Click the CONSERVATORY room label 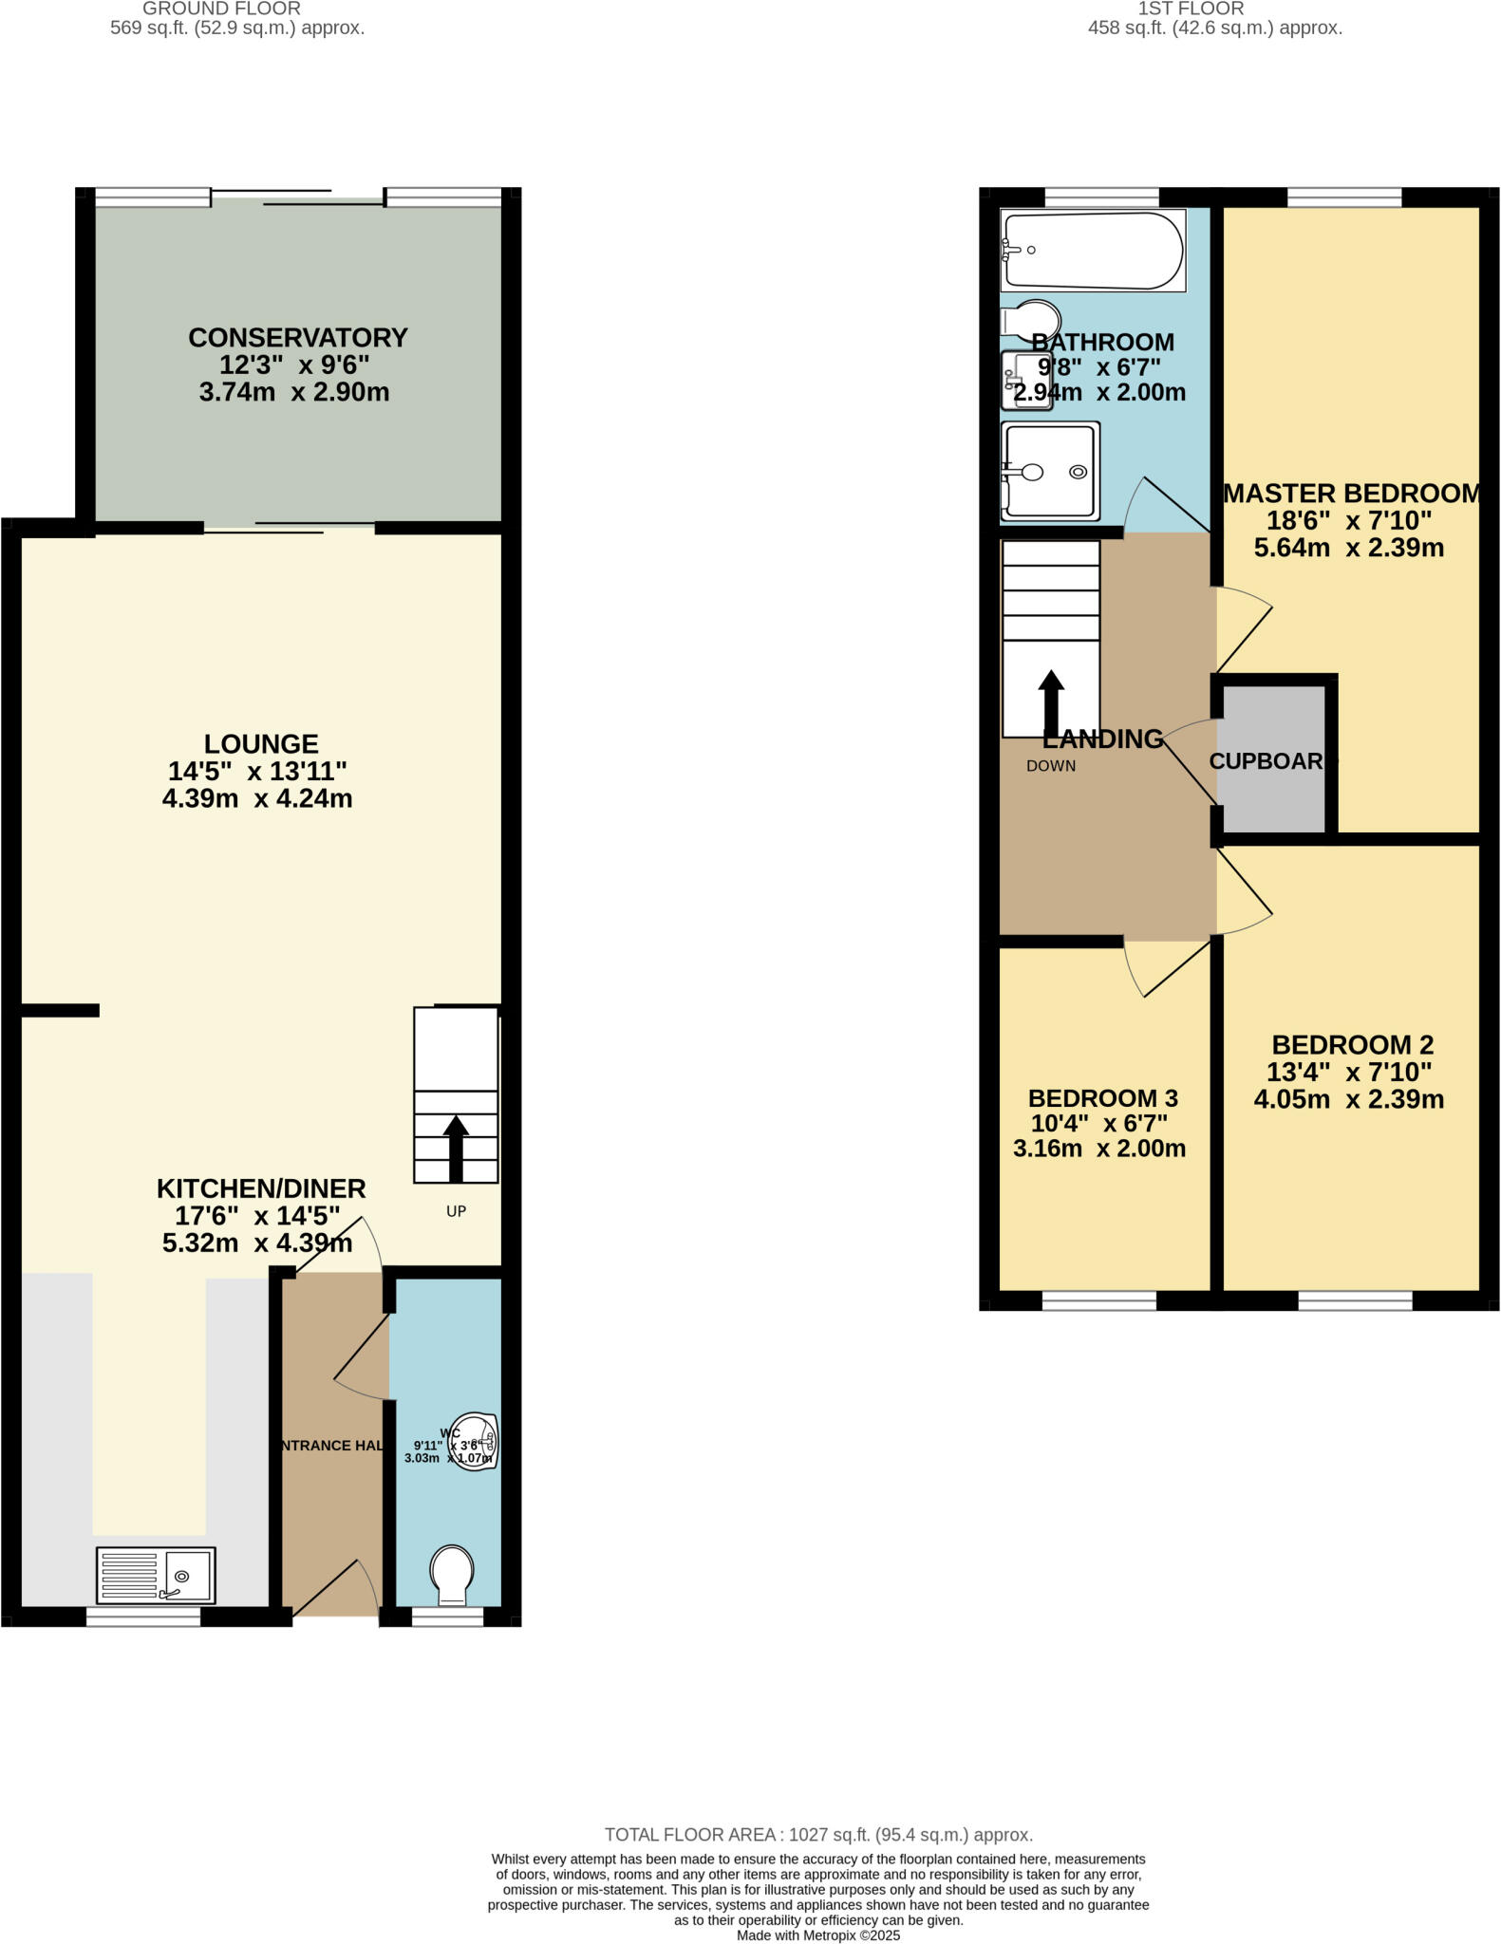click(x=297, y=338)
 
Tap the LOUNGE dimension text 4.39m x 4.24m click(x=257, y=798)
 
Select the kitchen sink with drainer click(x=156, y=1575)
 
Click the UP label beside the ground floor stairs click(x=456, y=1211)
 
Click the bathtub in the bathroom click(x=1092, y=251)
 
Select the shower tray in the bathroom click(x=1050, y=471)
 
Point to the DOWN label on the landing click(x=1050, y=766)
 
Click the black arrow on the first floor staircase click(x=1050, y=702)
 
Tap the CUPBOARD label click(x=1268, y=761)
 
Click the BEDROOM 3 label click(x=1102, y=1098)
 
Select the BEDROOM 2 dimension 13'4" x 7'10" click(x=1348, y=1073)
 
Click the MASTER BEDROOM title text click(x=1351, y=494)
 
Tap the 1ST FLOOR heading click(x=1191, y=9)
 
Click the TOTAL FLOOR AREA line click(x=818, y=1835)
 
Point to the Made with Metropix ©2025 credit click(x=817, y=1935)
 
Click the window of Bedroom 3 click(x=1098, y=1300)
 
